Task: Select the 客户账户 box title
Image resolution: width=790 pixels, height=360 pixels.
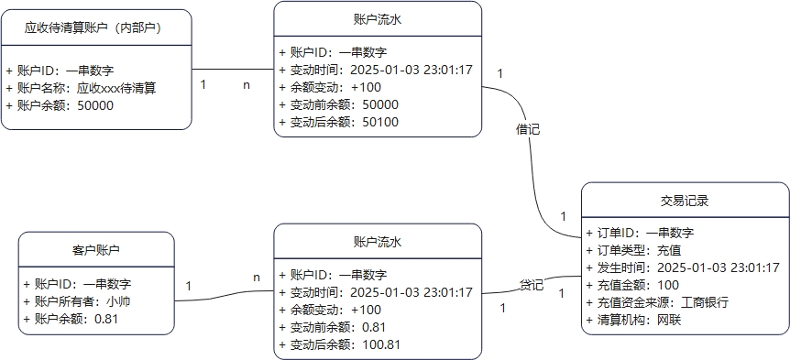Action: click(x=96, y=250)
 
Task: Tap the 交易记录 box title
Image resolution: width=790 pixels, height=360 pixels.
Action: click(x=685, y=201)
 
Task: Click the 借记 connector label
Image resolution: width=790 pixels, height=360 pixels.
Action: click(x=528, y=129)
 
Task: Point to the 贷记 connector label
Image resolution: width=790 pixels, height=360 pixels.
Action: click(x=532, y=284)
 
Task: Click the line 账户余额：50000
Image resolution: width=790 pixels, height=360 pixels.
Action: click(x=60, y=105)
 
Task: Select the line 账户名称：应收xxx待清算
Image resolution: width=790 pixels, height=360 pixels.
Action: click(x=81, y=88)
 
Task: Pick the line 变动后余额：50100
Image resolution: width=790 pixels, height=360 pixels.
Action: click(x=338, y=121)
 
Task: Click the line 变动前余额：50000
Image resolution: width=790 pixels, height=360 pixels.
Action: click(x=338, y=104)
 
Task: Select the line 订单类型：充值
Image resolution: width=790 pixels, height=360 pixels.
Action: click(x=633, y=250)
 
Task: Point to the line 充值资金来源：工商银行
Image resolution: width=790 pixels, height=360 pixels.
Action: click(x=657, y=302)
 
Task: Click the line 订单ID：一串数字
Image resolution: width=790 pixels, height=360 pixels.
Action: click(x=640, y=233)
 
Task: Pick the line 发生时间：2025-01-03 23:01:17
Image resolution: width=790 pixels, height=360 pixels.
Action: click(x=683, y=267)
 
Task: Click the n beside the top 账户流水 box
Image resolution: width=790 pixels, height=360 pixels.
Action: click(x=247, y=84)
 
